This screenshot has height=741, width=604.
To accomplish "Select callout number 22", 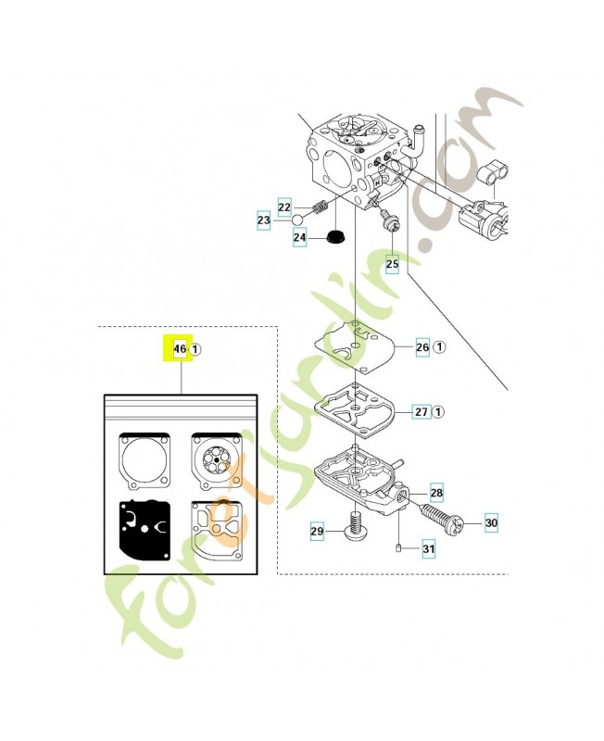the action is click(285, 207).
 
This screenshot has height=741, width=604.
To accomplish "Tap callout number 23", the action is click(264, 220).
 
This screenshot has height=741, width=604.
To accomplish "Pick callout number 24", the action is click(300, 238).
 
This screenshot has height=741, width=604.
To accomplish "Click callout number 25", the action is click(392, 264).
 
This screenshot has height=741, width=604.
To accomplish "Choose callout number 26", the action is click(422, 347).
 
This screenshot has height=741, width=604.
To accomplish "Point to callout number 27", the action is click(421, 411).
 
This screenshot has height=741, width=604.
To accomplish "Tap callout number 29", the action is click(317, 531).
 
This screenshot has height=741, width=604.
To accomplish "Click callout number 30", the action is click(491, 523).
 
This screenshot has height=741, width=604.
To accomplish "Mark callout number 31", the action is click(428, 549).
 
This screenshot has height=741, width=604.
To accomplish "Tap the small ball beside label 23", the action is click(299, 220).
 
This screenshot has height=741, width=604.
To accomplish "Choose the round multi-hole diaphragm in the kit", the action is click(216, 458).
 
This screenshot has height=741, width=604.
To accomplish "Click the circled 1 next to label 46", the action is click(196, 349).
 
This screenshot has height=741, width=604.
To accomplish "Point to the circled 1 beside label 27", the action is click(440, 411).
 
